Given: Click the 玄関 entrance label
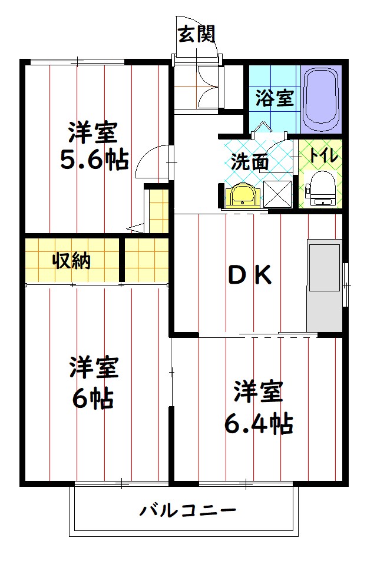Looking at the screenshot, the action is (197, 34).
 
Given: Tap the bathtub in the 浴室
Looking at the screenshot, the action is (320, 98).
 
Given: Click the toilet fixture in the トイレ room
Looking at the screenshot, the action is (321, 188).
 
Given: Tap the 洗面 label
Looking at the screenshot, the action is (250, 162).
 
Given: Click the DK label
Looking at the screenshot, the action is (250, 275).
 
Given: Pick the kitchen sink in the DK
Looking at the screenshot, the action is (324, 268).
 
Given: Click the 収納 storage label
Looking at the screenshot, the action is (72, 260).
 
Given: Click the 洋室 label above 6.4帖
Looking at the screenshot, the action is (258, 391).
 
